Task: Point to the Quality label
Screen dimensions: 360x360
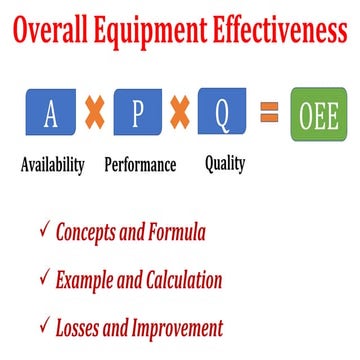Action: click(227, 161)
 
